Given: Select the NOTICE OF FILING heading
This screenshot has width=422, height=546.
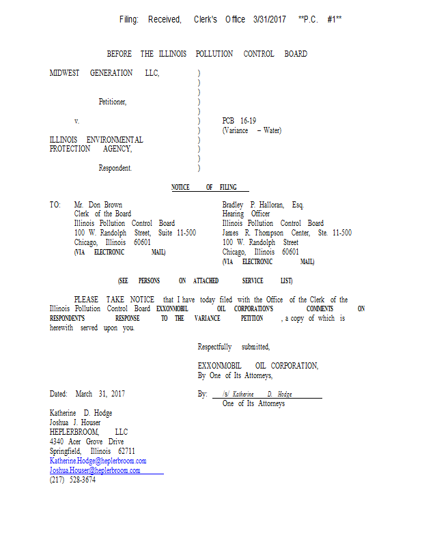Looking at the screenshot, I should [x=203, y=187].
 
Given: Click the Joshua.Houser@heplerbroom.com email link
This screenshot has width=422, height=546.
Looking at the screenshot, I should [x=95, y=470].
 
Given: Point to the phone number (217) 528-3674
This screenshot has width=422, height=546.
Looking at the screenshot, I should [x=73, y=480].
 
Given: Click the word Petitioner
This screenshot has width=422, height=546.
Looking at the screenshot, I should [x=113, y=102].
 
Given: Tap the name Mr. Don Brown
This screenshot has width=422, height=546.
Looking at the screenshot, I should [x=98, y=205].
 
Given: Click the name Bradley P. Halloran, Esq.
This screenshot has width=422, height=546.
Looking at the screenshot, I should [x=263, y=205].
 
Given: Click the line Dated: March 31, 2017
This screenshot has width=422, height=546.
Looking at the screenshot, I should [x=87, y=394].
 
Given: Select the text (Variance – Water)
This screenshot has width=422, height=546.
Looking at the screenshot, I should [x=251, y=130].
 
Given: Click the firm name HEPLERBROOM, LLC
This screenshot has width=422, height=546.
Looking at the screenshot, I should [x=89, y=432].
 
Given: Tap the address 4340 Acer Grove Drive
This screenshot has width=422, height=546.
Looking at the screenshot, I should [x=87, y=442].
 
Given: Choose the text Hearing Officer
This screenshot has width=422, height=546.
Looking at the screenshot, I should [x=246, y=214].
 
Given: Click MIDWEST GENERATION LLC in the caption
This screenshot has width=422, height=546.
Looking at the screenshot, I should [x=104, y=73].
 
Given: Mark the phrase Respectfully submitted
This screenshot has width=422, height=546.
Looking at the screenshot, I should [x=234, y=347].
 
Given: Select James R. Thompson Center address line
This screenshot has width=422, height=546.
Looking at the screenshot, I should [x=287, y=233].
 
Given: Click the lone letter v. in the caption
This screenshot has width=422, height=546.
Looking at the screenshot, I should [x=77, y=121].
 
